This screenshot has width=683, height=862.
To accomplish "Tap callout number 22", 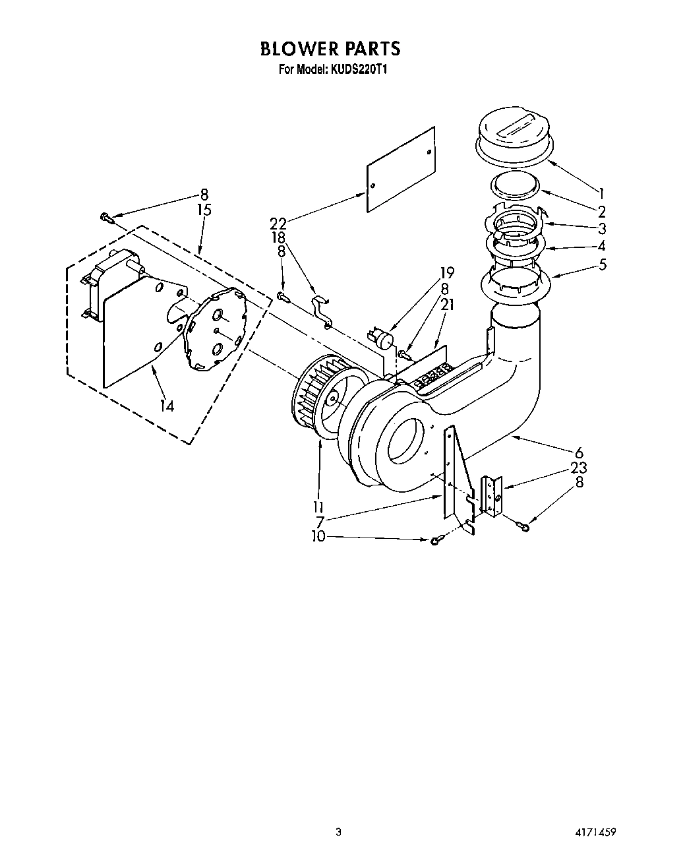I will [x=278, y=224].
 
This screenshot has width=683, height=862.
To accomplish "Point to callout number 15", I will [x=204, y=210].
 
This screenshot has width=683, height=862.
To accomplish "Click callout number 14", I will [x=167, y=406].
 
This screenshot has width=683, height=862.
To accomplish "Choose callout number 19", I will [x=448, y=272].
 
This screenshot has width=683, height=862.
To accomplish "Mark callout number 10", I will [x=318, y=537].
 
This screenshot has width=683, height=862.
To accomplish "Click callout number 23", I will [x=579, y=468].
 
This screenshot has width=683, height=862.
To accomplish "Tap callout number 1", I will [x=601, y=194].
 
